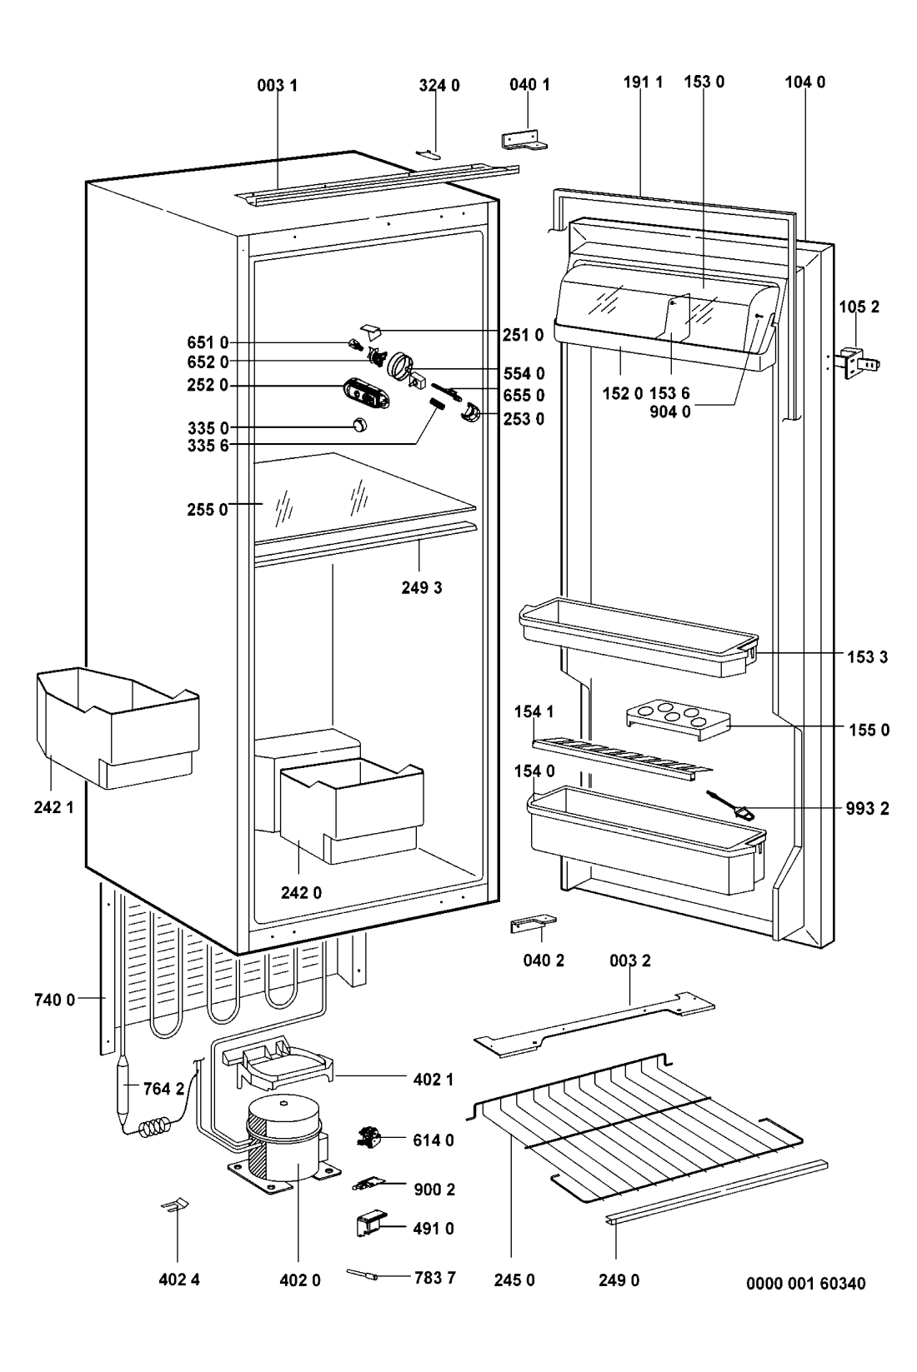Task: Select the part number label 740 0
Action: tap(54, 1000)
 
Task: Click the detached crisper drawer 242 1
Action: tap(117, 725)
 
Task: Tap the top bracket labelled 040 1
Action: tap(524, 141)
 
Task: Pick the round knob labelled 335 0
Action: tap(359, 425)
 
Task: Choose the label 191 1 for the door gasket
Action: tap(643, 82)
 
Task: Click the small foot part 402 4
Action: tap(176, 1206)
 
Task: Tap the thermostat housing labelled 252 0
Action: tap(367, 393)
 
